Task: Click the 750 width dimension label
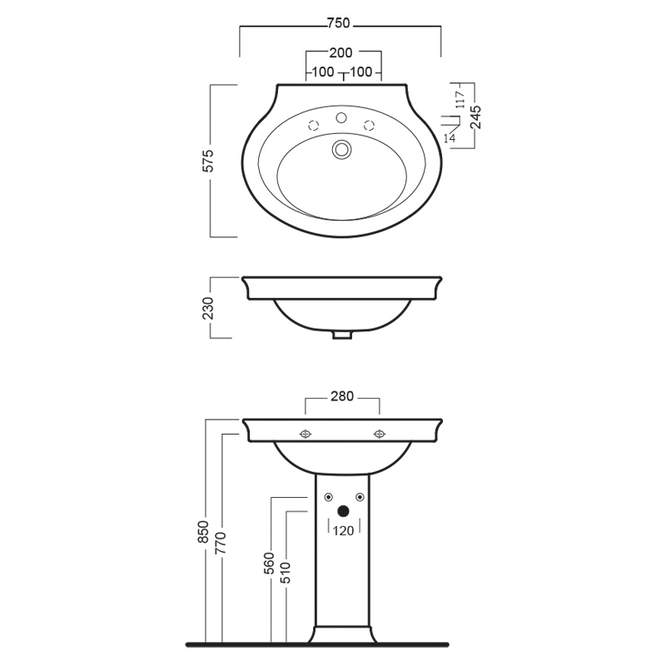tap(339, 23)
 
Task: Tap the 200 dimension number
tap(340, 52)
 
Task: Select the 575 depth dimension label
tap(208, 161)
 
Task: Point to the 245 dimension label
tap(476, 117)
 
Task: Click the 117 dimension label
tap(461, 100)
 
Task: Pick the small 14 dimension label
tap(450, 138)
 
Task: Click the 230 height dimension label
tap(208, 308)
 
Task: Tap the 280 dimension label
tap(342, 396)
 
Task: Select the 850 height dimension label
tap(203, 532)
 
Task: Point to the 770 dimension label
tap(221, 543)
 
